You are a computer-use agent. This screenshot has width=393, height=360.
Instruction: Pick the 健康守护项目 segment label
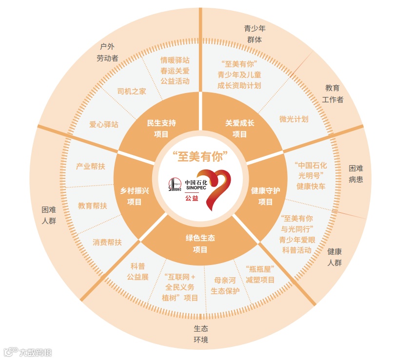(x=266, y=196)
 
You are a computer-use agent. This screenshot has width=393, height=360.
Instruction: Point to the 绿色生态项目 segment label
(x=200, y=244)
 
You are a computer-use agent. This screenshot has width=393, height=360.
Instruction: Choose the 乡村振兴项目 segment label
(x=134, y=196)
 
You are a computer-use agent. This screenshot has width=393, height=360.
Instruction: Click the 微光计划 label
(x=294, y=119)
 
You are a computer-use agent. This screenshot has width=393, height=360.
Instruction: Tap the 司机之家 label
(x=132, y=91)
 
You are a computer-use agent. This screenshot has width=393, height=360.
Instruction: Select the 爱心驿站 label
(x=104, y=124)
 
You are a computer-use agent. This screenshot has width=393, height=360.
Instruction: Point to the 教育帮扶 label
(x=93, y=206)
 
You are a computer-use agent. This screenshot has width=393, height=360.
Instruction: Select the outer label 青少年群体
(x=255, y=34)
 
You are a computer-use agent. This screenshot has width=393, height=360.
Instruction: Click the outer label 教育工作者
(x=333, y=94)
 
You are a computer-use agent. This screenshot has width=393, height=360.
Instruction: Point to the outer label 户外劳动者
(x=107, y=53)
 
